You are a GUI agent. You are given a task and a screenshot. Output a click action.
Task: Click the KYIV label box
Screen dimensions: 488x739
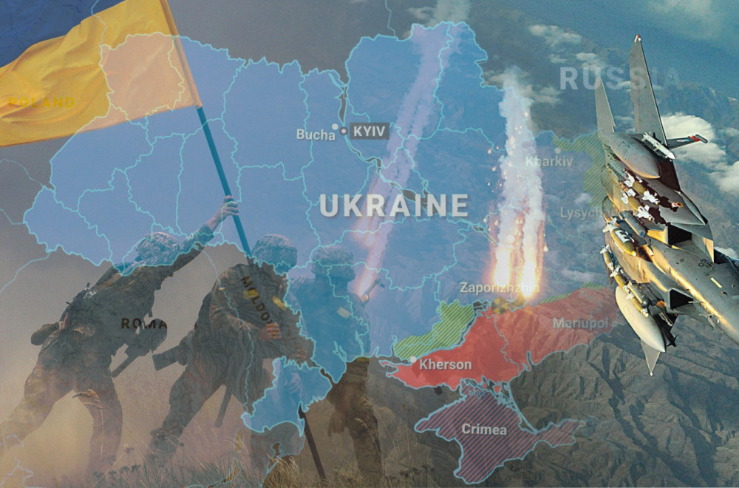coord(370,131)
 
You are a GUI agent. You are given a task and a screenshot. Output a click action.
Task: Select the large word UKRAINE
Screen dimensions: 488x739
coord(394,205)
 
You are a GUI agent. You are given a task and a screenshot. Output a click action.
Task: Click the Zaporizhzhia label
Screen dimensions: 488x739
coord(499,288)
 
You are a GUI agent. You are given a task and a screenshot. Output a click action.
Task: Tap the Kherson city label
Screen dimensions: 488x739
coord(445,365)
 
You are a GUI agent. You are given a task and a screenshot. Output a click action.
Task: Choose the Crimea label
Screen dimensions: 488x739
coord(484,429)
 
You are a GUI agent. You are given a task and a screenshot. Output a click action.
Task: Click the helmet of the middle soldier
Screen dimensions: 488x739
coord(274,249)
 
